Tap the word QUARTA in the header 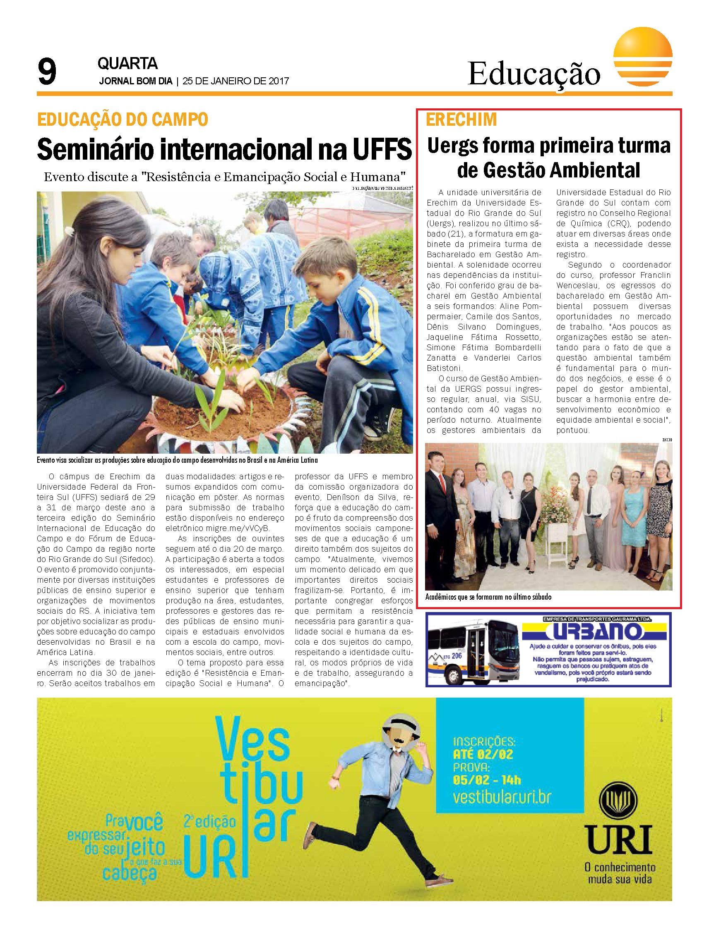coord(127,64)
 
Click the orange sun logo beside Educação coord(643,60)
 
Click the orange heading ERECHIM coord(461,120)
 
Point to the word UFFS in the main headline coord(381,149)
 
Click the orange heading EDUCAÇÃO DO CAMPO coord(123,120)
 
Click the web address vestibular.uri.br coord(502,796)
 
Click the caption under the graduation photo coord(488,597)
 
